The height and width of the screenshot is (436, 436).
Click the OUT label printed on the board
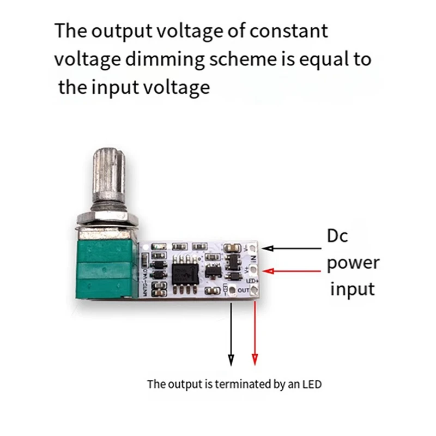point(243,290)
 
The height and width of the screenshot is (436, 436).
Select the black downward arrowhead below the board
point(231,359)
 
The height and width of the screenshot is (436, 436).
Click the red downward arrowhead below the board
point(255,359)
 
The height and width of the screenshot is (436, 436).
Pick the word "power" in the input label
point(353,264)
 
